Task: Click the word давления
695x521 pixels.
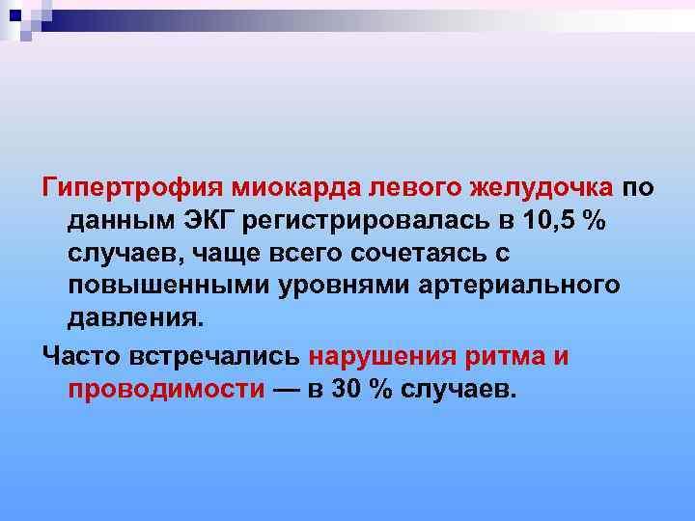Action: (x=135, y=319)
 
